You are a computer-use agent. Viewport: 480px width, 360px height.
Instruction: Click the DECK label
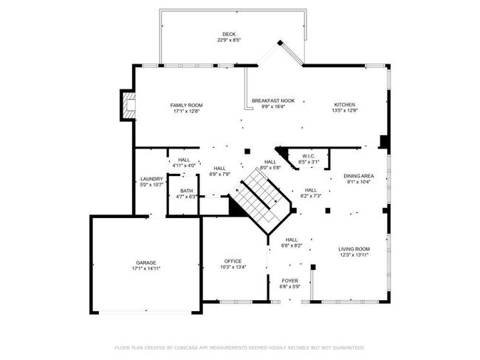coord(229,34)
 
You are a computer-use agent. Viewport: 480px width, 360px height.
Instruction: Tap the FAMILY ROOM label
coord(186,106)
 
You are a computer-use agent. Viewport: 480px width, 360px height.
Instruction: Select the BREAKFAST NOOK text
coord(273,101)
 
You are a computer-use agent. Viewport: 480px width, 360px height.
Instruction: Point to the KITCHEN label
coord(344,105)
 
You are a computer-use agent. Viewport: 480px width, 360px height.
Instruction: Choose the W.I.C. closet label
coord(309,157)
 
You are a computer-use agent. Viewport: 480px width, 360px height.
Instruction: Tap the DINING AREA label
coord(358,176)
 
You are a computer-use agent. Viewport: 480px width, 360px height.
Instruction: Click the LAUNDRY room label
coord(151,179)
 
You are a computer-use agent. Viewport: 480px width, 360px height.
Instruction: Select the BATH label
coord(186,191)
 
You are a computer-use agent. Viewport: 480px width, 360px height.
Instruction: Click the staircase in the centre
coord(261,200)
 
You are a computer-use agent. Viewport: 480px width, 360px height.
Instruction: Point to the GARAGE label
coord(146,263)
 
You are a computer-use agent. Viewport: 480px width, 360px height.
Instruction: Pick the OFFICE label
coord(233,262)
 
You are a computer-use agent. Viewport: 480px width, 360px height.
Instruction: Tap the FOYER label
coord(289,281)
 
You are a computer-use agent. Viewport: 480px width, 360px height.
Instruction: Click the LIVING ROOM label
coord(354,249)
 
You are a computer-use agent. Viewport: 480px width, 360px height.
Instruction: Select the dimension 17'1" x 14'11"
coord(146,268)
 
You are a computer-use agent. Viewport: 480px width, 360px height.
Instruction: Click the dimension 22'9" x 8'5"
coord(229,40)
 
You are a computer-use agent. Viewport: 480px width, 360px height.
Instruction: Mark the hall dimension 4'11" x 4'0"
coord(184,166)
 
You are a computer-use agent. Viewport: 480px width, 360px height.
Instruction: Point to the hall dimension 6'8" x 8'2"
coord(292,245)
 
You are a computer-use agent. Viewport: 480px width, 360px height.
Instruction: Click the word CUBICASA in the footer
coord(185,347)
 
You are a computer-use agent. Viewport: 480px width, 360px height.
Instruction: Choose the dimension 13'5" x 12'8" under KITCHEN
coord(345,111)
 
